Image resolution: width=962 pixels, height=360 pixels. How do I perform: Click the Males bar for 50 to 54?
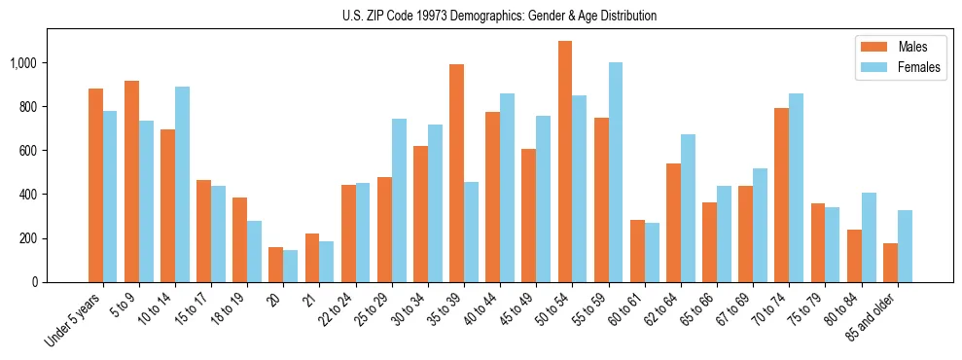pyautogui.click(x=565, y=162)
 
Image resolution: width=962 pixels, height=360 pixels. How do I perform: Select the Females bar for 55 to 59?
pyautogui.click(x=616, y=172)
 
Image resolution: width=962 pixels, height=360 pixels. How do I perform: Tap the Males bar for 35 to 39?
pyautogui.click(x=456, y=173)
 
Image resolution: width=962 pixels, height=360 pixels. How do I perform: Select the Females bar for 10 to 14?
pyautogui.click(x=182, y=184)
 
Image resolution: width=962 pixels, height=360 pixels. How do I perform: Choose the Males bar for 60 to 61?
pyautogui.click(x=637, y=251)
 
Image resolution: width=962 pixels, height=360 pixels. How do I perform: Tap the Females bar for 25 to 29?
pyautogui.click(x=399, y=200)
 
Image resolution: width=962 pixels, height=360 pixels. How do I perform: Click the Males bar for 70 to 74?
pyautogui.click(x=782, y=195)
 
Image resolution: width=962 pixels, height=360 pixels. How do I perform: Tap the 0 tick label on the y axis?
pyautogui.click(x=35, y=282)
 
